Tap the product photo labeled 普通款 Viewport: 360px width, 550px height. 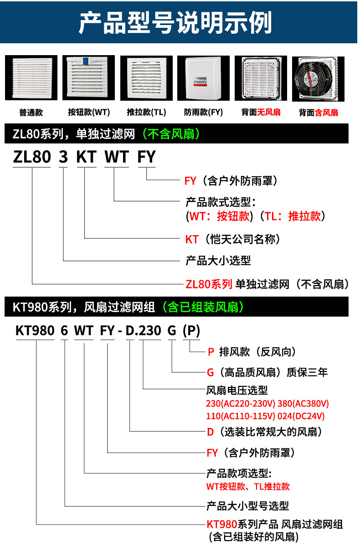(31, 78)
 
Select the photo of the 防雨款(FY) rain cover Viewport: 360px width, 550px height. (203, 78)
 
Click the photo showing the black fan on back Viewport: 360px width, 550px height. (318, 78)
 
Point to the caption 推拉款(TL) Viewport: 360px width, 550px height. (146, 113)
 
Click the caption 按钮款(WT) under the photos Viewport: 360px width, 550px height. (88, 113)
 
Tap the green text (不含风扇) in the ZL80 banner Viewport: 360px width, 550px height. (171, 134)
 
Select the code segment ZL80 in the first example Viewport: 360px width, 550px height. (31, 157)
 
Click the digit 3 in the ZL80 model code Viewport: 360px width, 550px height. (64, 157)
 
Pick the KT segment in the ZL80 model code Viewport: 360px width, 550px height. (86, 157)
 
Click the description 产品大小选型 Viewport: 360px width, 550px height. (218, 261)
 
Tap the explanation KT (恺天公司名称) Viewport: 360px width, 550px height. (232, 239)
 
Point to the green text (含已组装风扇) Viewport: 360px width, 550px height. (205, 307)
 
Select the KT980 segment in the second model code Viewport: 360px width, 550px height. (35, 330)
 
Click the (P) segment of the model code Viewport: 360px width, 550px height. (191, 330)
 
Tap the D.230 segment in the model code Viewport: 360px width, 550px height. (144, 330)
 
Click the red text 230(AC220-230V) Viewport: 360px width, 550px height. (241, 404)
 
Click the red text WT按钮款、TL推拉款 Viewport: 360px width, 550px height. (248, 486)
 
